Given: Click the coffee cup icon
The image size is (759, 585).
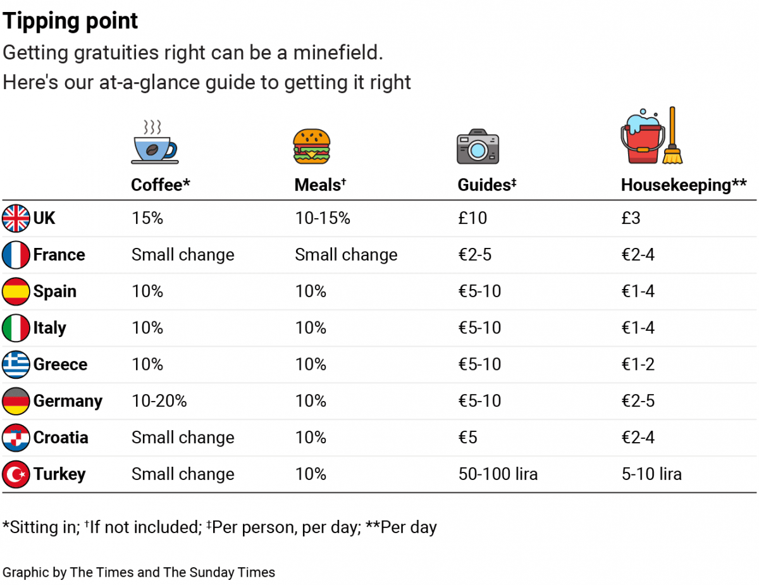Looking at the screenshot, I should (154, 142).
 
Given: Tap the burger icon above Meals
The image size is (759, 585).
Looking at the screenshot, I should (311, 147).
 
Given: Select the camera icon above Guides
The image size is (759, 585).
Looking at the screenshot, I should (478, 147).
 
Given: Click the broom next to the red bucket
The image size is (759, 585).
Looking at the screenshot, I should (672, 135).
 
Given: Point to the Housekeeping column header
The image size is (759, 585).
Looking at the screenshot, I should (684, 185).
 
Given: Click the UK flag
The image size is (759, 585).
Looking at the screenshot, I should (16, 218).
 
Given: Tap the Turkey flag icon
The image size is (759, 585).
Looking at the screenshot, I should (16, 474).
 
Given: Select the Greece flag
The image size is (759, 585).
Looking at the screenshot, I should (16, 364).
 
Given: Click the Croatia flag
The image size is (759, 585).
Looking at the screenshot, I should (16, 438).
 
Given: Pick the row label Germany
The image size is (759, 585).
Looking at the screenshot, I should (68, 401).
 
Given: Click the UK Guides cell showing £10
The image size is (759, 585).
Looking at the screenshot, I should (472, 218).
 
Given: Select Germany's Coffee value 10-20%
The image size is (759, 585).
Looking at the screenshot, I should (159, 401).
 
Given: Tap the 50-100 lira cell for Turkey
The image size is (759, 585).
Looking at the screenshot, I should (498, 474).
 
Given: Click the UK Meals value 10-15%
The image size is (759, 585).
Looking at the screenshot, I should (323, 218).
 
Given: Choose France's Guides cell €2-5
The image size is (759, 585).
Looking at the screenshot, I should (475, 255).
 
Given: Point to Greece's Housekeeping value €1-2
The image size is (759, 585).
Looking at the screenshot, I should (638, 364).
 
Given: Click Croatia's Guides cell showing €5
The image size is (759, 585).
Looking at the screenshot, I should (468, 438).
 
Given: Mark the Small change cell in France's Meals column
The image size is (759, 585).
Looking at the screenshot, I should (346, 255).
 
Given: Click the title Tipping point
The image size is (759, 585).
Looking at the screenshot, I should (70, 22).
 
